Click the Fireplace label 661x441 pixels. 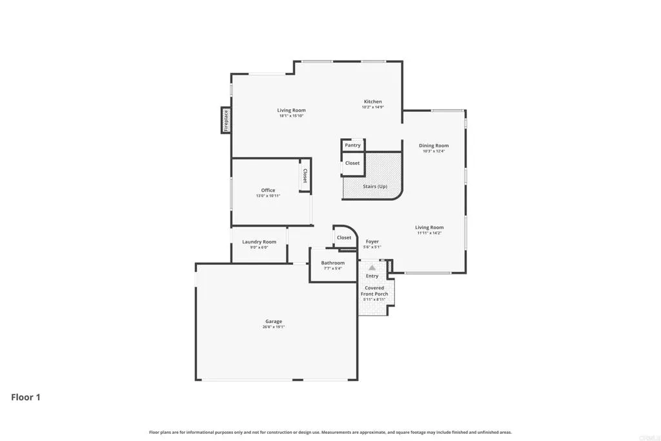tap(226, 121)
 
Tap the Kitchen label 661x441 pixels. tap(372, 101)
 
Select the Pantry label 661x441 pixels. tap(352, 145)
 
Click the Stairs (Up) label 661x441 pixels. tap(374, 187)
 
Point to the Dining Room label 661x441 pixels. tap(433, 146)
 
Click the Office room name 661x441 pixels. tap(268, 190)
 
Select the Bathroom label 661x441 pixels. tap(333, 263)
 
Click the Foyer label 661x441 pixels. tap(372, 241)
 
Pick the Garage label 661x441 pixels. tap(273, 322)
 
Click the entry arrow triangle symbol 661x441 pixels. tap(372, 266)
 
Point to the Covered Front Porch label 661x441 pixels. tap(374, 291)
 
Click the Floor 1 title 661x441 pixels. tap(26, 397)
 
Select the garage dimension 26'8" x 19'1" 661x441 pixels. tap(273, 327)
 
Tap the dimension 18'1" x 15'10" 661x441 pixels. tap(292, 116)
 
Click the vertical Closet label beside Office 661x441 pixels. tap(304, 176)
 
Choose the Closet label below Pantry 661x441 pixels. tap(352, 163)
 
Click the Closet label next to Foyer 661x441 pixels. tap(344, 238)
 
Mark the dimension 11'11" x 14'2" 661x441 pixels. tap(429, 233)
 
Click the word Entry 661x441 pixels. tap(372, 276)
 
